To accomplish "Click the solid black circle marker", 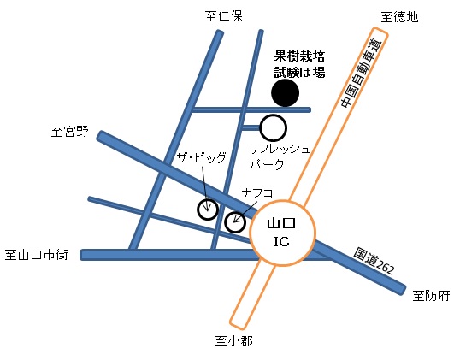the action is tap(286, 93).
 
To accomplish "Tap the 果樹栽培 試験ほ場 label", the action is tap(300, 64).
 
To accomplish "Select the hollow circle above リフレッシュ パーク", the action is tap(274, 127).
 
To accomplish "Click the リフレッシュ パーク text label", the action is tap(280, 156).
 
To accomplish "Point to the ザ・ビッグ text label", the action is tap(201, 158).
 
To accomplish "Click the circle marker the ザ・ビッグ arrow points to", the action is tap(208, 210).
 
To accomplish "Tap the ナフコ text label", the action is tap(257, 193).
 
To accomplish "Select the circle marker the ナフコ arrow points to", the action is tap(235, 222).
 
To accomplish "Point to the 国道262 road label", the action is tap(374, 261).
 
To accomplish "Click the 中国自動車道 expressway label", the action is tap(362, 74).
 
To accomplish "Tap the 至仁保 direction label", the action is tap(223, 16).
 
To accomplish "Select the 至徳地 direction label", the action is tap(399, 17).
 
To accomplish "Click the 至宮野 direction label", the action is tap(70, 132).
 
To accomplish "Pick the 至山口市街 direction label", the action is tap(37, 255).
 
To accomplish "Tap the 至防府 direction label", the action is tap(432, 296).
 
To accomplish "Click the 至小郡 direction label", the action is tap(233, 341).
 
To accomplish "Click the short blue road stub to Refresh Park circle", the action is tap(251, 127).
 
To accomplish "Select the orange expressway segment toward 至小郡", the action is tap(252, 294).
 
